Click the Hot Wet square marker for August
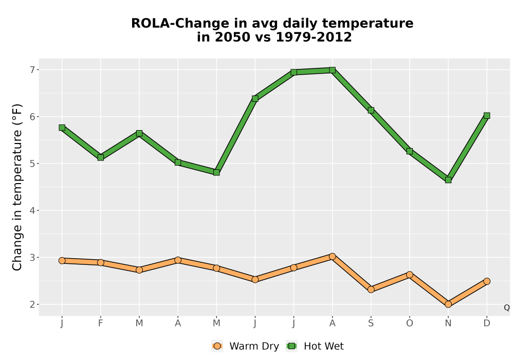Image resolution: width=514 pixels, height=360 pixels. (333, 70)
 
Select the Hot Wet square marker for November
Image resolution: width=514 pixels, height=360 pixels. (448, 179)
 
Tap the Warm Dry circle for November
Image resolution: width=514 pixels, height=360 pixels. (448, 304)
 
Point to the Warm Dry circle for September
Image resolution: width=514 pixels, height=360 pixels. (371, 289)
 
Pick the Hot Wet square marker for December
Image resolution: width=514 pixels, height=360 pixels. (487, 115)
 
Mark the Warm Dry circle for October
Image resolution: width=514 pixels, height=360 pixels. (410, 275)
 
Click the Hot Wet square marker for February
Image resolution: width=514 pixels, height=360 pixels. (101, 157)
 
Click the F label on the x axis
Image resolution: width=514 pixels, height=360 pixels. (101, 323)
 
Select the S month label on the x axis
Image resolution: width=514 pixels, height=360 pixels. (371, 323)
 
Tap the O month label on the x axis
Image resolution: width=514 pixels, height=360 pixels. (410, 323)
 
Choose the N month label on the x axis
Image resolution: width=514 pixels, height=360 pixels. (448, 323)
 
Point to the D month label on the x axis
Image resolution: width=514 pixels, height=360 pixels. (487, 323)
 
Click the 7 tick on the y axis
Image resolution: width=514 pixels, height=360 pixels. (32, 70)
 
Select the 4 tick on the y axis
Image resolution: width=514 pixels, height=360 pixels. (32, 210)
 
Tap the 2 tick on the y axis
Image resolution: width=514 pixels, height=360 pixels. (32, 304)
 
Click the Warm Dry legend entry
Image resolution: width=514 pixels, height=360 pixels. (245, 346)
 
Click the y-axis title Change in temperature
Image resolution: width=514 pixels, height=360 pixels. (17, 187)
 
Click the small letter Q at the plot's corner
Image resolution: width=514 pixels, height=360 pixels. (507, 308)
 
